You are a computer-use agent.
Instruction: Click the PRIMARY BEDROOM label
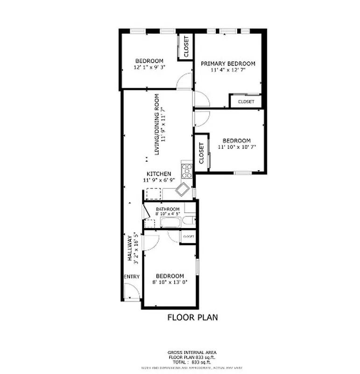(228, 64)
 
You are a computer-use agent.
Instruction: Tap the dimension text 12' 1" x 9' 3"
(149, 67)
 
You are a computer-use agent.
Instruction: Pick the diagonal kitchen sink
(182, 189)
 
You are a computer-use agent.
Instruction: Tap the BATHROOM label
(168, 209)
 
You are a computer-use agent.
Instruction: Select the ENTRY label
(132, 277)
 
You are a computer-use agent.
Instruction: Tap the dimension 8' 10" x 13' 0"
(169, 282)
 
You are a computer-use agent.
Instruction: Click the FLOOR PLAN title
(192, 317)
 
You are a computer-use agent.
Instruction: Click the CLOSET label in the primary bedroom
(246, 101)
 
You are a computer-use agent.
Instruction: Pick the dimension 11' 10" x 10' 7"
(236, 147)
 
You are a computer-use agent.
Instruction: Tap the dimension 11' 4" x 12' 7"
(228, 70)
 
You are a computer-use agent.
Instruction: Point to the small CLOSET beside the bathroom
(188, 237)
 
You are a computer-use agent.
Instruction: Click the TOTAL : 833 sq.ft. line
(192, 362)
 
